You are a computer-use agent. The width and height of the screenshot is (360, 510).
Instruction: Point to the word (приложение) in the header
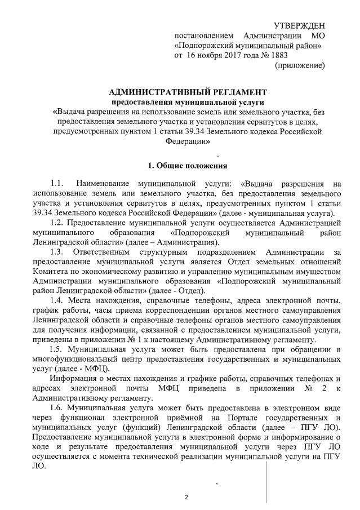[300, 65]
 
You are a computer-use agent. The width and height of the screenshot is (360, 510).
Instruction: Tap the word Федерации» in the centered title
[180, 141]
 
